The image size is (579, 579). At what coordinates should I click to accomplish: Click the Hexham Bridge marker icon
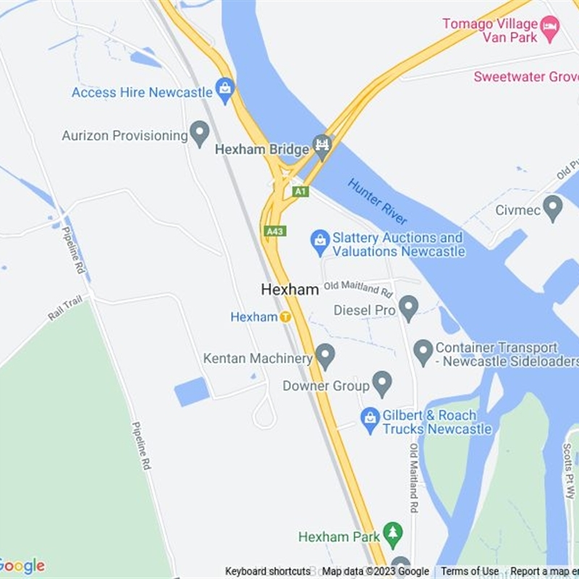322,145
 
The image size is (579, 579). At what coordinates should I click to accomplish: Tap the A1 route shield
300,191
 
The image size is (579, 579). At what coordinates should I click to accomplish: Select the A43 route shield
274,231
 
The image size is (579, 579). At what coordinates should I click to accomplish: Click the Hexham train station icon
286,316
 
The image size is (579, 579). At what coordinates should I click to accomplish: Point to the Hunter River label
377,201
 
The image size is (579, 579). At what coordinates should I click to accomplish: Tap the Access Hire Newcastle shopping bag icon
225,90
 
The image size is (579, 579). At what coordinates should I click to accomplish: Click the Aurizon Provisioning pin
199,133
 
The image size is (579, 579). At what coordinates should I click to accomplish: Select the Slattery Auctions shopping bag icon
320,242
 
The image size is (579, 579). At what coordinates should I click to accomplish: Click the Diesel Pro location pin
409,308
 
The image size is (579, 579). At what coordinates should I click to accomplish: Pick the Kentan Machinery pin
326,355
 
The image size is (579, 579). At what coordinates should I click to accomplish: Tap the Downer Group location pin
382,384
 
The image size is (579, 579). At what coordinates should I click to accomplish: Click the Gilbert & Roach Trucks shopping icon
370,420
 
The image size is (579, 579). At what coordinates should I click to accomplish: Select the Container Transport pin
423,352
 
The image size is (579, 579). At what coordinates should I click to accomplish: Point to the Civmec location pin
553,208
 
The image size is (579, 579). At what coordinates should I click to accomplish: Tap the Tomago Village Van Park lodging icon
550,29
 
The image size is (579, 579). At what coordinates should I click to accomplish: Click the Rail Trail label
66,308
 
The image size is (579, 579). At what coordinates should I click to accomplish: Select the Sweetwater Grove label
525,76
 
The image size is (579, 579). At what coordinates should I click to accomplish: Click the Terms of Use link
470,572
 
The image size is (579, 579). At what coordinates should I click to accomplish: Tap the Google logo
22,566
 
